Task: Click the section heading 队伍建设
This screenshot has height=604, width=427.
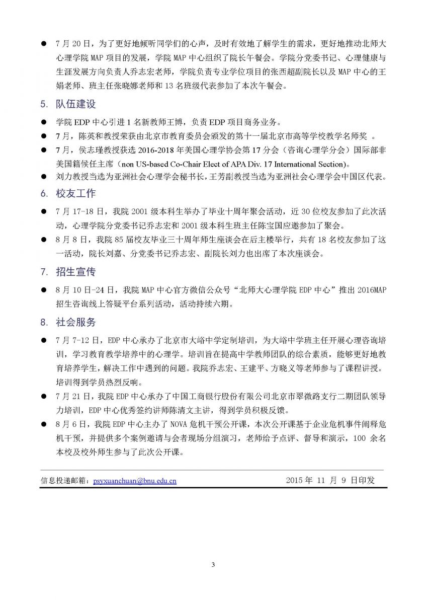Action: pos(75,105)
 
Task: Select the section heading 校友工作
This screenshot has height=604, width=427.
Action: pos(75,194)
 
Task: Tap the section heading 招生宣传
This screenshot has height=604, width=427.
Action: pos(75,272)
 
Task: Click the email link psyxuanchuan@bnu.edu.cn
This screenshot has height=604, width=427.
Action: pos(135,481)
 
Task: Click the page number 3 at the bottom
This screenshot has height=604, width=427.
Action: pos(213,564)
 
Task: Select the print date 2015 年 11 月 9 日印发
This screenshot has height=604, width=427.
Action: pos(330,480)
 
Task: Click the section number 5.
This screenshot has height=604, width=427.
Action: pos(44,105)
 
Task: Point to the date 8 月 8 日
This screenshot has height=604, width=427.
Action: pos(71,240)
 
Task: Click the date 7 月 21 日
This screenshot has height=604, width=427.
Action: pos(73,396)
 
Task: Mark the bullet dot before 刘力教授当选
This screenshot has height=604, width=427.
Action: pos(44,177)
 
